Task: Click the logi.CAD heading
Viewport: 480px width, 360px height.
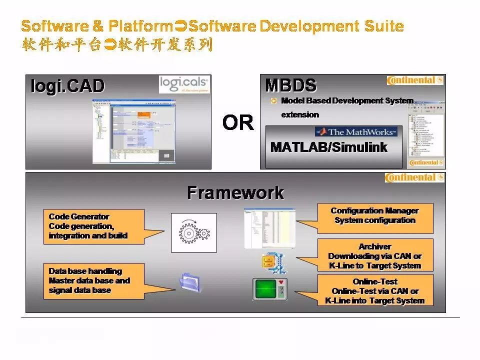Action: [x=67, y=86]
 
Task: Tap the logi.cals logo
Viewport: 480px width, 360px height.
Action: [x=184, y=84]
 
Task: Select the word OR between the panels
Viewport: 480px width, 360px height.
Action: [x=237, y=122]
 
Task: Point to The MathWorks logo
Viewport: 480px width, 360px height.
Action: [x=356, y=132]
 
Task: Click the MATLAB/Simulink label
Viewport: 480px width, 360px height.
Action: [x=328, y=147]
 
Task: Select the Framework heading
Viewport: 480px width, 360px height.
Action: [x=235, y=192]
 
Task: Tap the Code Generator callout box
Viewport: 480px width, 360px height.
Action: [x=93, y=226]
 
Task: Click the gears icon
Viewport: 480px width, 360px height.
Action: [x=194, y=232]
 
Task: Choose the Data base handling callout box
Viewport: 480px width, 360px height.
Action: [x=93, y=280]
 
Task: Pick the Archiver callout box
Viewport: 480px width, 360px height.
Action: [x=375, y=255]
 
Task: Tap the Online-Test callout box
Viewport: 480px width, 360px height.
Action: [x=375, y=291]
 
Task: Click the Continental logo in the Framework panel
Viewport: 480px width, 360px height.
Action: [x=414, y=177]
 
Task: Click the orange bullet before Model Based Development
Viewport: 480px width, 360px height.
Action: [x=273, y=101]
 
